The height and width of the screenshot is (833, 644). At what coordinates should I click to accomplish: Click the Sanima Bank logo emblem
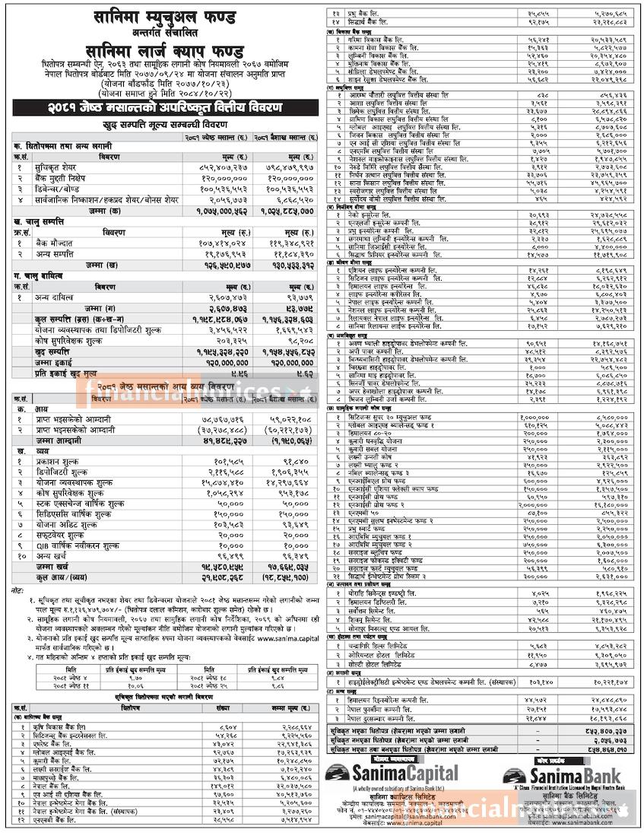click(x=509, y=774)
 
